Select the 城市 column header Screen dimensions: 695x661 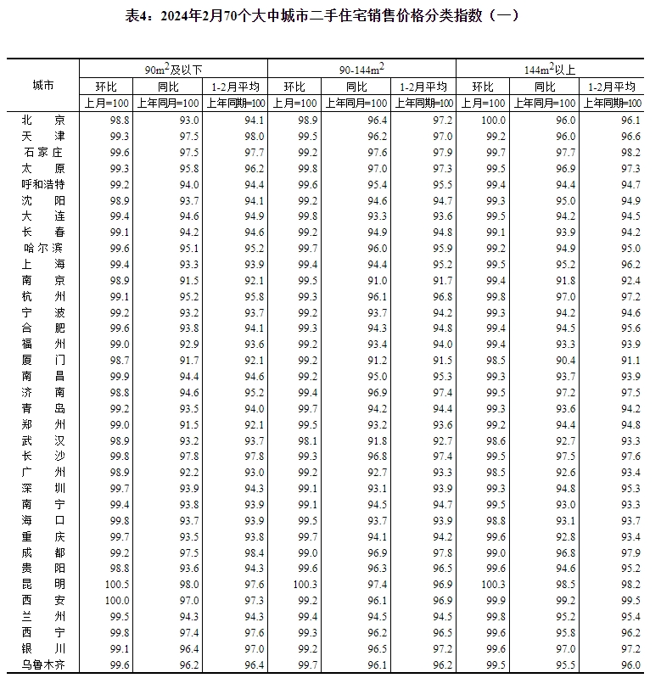43,86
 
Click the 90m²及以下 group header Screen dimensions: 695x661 173,69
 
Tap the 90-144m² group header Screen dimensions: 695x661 361,69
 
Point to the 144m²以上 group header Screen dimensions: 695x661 549,69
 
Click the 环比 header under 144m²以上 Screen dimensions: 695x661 484,87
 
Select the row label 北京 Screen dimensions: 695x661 43,121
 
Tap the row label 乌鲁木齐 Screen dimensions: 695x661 43,665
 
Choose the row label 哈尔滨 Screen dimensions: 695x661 43,249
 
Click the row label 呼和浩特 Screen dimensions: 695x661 43,184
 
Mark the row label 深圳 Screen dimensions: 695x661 43,489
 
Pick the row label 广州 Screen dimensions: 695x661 43,473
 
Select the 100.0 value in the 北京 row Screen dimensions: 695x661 492,121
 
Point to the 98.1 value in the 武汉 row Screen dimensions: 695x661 307,440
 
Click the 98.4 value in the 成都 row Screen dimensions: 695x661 254,552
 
